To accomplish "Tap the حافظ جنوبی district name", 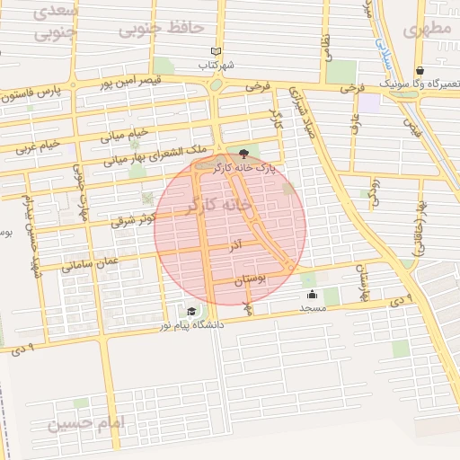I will tap(162, 29).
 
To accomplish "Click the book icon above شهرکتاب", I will tap(214, 51).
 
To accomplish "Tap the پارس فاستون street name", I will tap(40, 92).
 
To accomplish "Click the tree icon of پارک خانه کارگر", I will tap(243, 153).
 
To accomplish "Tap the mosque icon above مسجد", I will tap(312, 294).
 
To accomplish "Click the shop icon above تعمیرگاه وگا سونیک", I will tap(419, 71).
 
